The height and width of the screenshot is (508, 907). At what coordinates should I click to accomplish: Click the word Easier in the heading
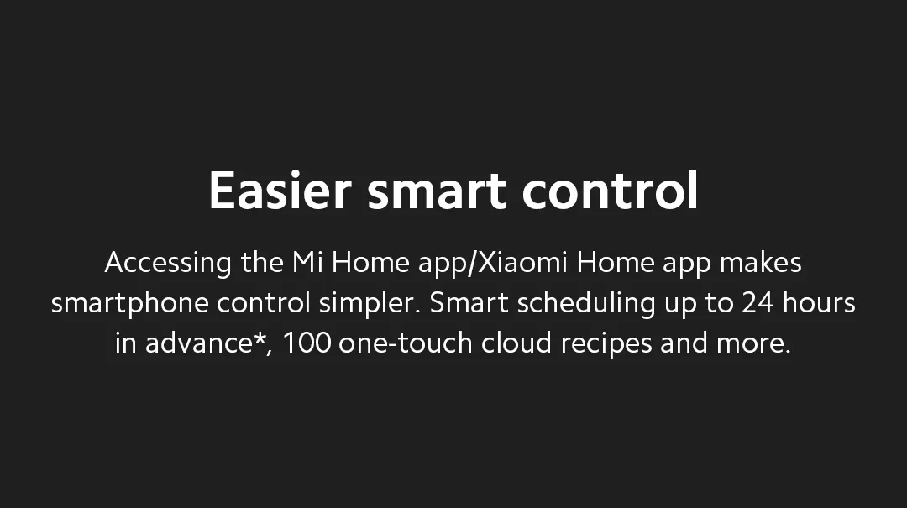280,190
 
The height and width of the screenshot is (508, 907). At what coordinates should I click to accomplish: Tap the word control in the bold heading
611,189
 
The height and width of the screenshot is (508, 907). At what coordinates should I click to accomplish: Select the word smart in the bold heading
437,191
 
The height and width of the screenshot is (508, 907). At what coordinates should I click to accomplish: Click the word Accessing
168,264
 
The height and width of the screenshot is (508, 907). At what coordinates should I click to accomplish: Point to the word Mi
307,262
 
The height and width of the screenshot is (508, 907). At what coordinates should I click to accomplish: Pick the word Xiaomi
523,262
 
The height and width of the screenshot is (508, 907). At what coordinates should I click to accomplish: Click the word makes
761,262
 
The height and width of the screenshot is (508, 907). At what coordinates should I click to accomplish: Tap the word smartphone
130,303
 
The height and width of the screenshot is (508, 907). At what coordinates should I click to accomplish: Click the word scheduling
586,303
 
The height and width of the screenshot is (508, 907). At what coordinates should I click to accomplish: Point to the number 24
758,302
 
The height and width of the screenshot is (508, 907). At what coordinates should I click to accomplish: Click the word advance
198,343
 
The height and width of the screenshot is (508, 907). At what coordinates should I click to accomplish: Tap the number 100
307,343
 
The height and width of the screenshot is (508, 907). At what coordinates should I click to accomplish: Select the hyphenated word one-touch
406,343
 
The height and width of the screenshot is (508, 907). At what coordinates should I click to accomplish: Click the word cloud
516,343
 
